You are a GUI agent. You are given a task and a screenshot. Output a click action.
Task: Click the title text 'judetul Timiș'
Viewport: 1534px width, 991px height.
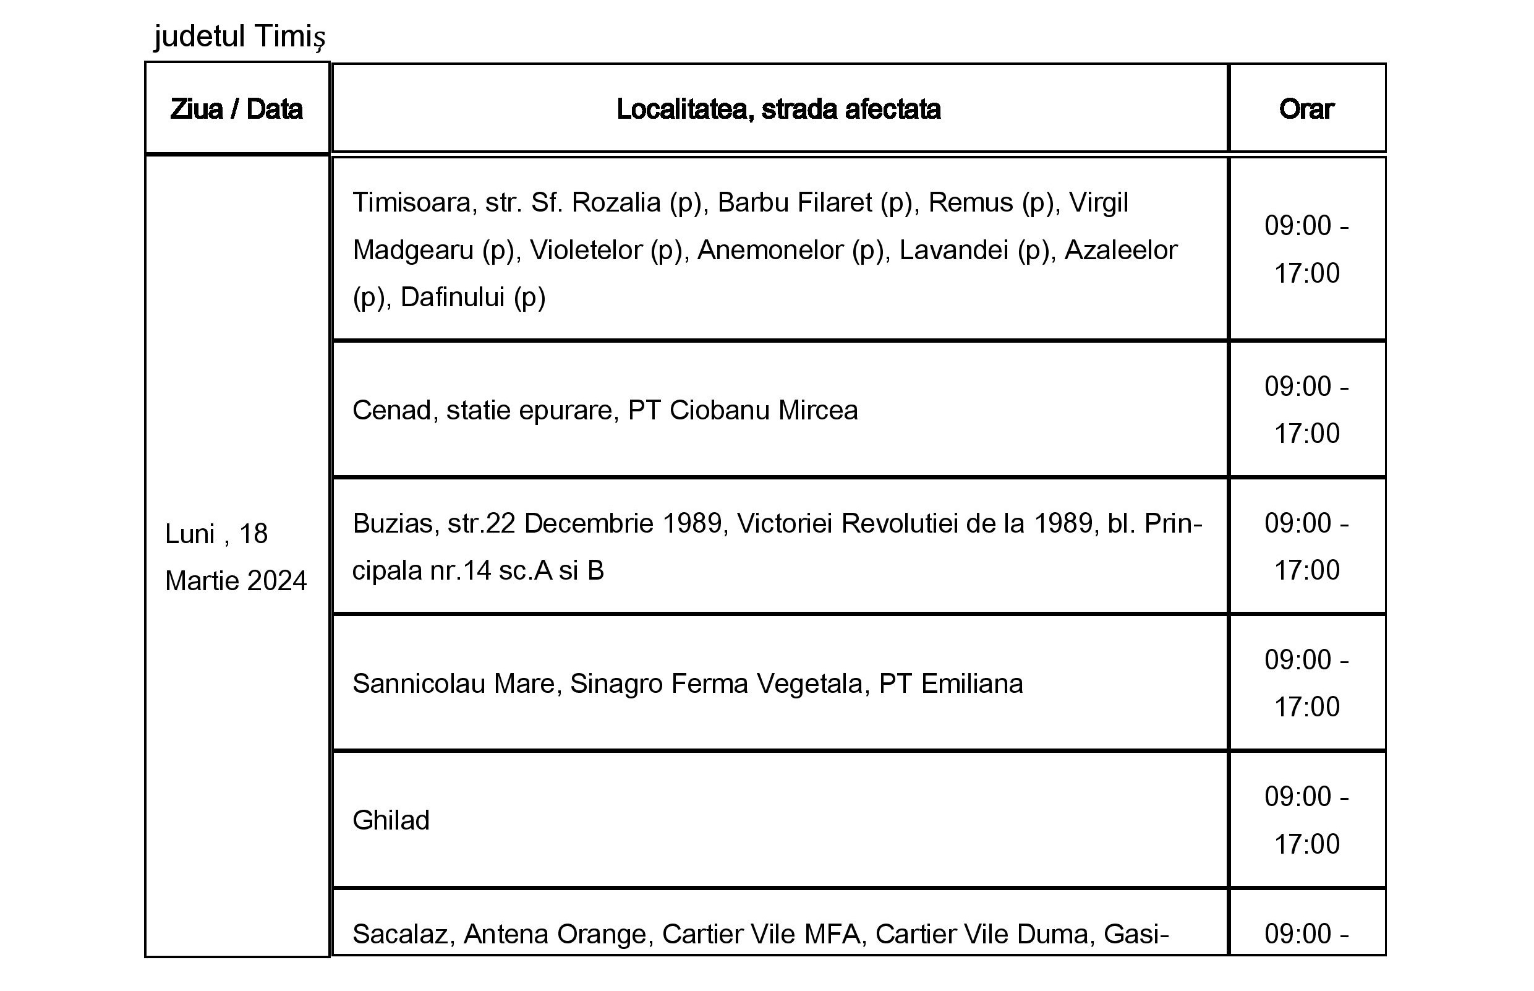[239, 36]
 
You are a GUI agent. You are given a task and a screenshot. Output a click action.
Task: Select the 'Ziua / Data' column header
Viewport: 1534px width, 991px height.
[236, 109]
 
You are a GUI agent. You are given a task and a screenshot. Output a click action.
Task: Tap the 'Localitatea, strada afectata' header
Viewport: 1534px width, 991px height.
[778, 109]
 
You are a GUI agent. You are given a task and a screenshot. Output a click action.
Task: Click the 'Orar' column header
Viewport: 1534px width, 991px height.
[1306, 109]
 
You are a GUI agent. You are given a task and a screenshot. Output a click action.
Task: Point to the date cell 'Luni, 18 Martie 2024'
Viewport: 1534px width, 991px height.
[236, 557]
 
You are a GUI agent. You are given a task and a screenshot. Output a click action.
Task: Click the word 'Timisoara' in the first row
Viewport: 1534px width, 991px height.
[412, 203]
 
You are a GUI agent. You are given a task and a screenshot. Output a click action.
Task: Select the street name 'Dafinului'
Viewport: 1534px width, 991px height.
[452, 298]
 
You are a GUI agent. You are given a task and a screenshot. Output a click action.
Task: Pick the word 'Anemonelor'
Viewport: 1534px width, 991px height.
[770, 251]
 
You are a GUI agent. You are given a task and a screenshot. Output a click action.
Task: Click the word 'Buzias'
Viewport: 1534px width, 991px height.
[392, 524]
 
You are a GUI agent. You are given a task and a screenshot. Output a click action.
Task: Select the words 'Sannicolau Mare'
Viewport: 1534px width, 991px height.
[453, 684]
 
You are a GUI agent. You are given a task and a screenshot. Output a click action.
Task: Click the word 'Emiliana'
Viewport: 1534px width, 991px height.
[971, 684]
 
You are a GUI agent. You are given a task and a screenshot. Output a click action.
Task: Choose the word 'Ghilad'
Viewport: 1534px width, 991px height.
[391, 820]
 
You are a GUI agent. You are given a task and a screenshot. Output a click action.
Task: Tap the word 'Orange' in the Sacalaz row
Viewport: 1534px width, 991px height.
[602, 934]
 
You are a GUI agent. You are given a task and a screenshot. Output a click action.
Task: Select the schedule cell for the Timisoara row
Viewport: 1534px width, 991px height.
[1306, 249]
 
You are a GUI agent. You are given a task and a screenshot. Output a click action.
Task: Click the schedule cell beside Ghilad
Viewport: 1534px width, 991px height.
[1306, 820]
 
